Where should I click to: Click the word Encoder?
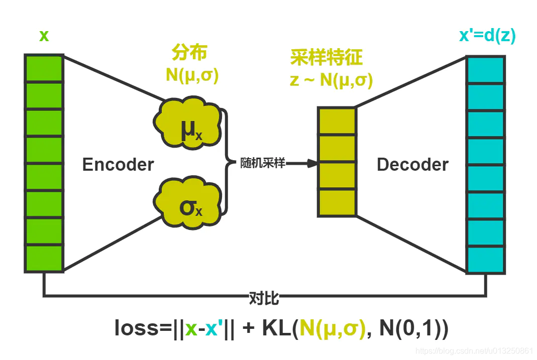(118, 165)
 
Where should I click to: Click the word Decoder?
(412, 165)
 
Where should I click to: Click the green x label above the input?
(44, 36)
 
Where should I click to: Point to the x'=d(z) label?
(487, 36)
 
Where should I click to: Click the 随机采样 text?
(263, 163)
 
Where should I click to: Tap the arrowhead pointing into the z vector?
(312, 163)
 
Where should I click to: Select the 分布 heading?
(189, 53)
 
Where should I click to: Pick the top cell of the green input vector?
(44, 68)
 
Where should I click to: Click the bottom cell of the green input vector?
(44, 259)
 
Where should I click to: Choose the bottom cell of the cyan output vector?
(485, 259)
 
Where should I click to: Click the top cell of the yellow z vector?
(337, 121)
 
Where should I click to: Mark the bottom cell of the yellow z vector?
(337, 202)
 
